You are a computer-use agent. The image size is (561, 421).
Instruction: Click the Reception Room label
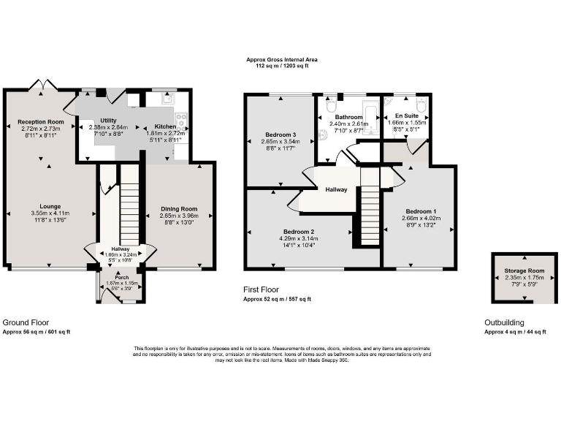click(x=41, y=121)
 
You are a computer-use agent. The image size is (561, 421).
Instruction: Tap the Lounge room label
click(x=50, y=206)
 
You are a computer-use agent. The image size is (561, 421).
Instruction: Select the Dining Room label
click(x=179, y=209)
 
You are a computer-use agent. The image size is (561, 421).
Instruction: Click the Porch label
click(x=121, y=278)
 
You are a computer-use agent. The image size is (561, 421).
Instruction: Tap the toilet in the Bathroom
click(x=331, y=105)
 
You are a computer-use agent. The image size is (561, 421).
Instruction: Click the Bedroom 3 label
click(x=280, y=134)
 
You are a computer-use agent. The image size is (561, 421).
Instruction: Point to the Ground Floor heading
click(x=26, y=322)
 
